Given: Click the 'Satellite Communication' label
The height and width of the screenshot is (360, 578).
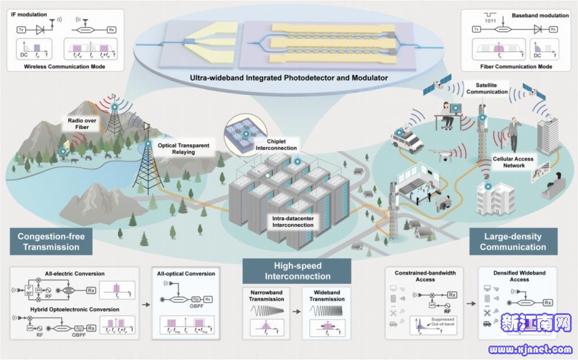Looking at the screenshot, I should pos(479,88).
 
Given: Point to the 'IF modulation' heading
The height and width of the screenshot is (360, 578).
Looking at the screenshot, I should pos(31,12).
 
